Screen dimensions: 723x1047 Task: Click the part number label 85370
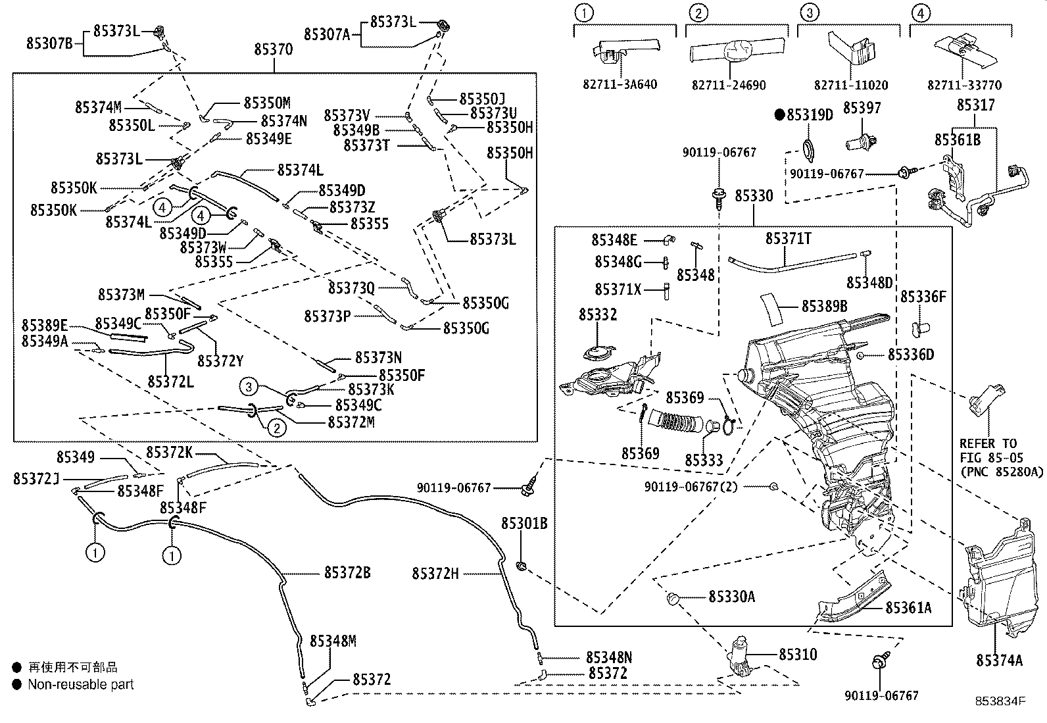pos(274,49)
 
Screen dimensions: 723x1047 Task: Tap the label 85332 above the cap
pos(598,314)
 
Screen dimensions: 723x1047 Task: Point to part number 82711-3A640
pos(620,85)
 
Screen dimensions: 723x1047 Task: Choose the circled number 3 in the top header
pos(810,12)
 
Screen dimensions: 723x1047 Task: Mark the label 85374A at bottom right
pos(999,660)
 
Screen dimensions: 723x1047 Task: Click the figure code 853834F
pos(1000,701)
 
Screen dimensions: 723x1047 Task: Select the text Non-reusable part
pos(80,684)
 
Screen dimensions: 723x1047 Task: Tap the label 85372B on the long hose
pos(347,573)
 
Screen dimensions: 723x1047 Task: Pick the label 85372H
pos(435,574)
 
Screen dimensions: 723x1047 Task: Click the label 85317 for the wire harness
pos(975,105)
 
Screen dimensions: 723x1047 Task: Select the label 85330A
pos(731,597)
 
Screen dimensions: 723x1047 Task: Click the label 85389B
pos(824,306)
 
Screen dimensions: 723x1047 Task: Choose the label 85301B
pos(524,524)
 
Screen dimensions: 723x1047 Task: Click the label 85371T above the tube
pos(788,237)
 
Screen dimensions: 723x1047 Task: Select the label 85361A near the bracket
pos(908,607)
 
